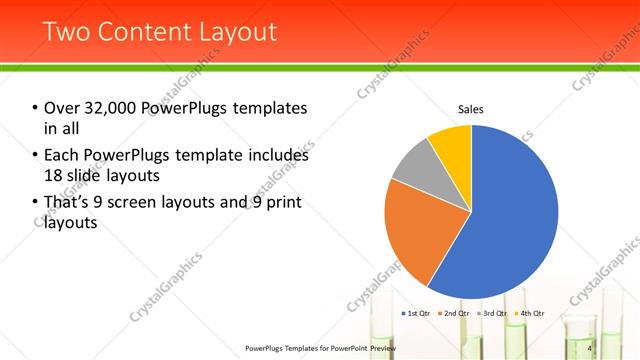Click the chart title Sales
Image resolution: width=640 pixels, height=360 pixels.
point(471,108)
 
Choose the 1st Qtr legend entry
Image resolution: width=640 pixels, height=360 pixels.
point(415,313)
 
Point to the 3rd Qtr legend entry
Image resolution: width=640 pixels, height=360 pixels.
point(492,313)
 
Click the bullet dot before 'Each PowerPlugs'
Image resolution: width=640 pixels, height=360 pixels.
point(35,156)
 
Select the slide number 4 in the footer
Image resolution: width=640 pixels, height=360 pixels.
point(590,347)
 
